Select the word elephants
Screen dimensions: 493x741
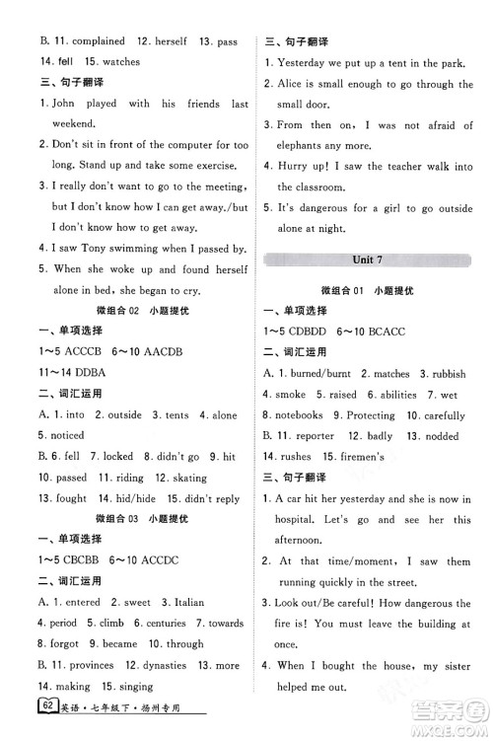pos(307,146)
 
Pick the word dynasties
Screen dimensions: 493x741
pos(164,665)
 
